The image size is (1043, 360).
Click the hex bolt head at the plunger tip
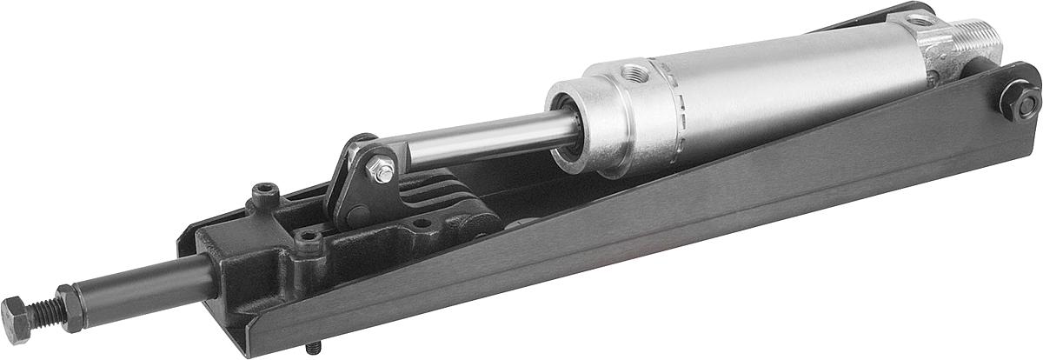[16, 317]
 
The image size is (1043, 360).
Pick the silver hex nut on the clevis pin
[380, 170]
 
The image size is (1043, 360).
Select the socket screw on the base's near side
[309, 240]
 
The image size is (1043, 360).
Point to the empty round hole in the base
[422, 223]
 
